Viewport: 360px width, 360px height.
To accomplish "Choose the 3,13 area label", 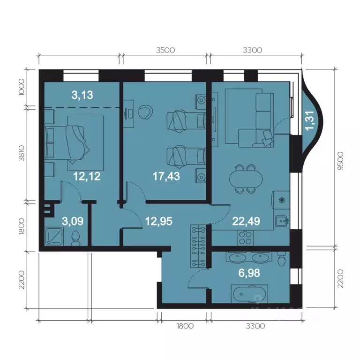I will pyautogui.click(x=82, y=95).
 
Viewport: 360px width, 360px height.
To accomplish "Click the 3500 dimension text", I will pyautogui.click(x=164, y=49).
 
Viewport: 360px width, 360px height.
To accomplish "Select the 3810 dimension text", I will pyautogui.click(x=20, y=152).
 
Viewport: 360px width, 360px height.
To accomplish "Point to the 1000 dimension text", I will pyautogui.click(x=20, y=87).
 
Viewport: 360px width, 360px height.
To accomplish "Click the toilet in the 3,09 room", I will pyautogui.click(x=75, y=240).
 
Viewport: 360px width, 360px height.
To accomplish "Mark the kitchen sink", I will pyautogui.click(x=282, y=220).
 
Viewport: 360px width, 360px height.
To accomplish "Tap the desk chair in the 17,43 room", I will pyautogui.click(x=144, y=112).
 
